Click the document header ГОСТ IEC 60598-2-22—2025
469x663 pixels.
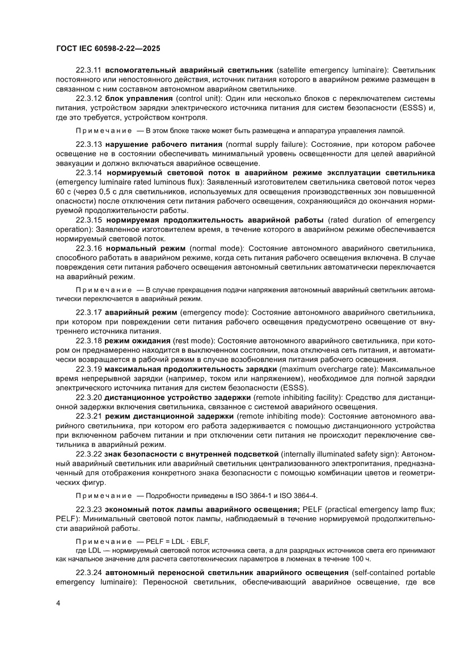pyautogui.click(x=108, y=49)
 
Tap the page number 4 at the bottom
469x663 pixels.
pyautogui.click(x=58, y=618)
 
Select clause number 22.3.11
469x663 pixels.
pyautogui.click(x=89, y=69)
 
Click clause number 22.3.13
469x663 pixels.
pyautogui.click(x=89, y=145)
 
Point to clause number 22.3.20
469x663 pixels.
pyautogui.click(x=89, y=396)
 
